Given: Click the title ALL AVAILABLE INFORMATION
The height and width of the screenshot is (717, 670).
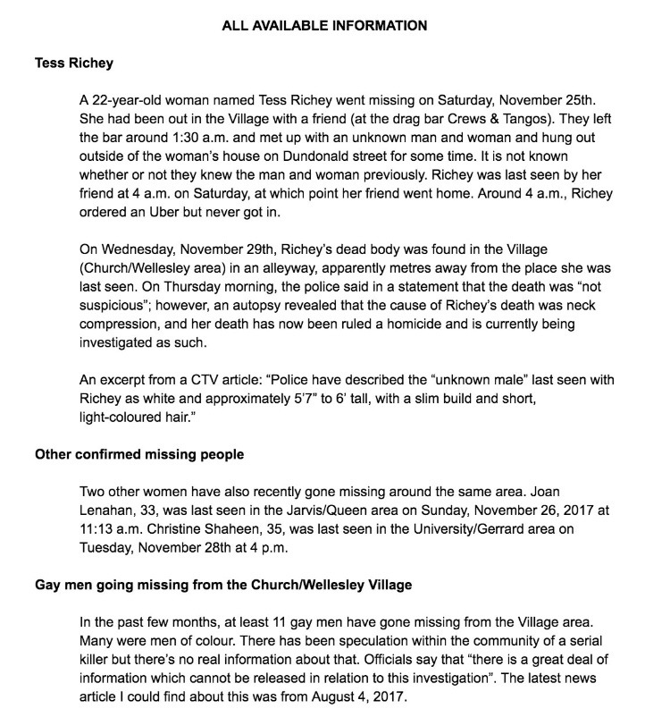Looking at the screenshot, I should [324, 26].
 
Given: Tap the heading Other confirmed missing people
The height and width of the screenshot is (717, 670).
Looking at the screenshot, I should [138, 453].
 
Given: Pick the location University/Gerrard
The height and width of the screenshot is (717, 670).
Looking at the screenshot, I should [474, 528].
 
